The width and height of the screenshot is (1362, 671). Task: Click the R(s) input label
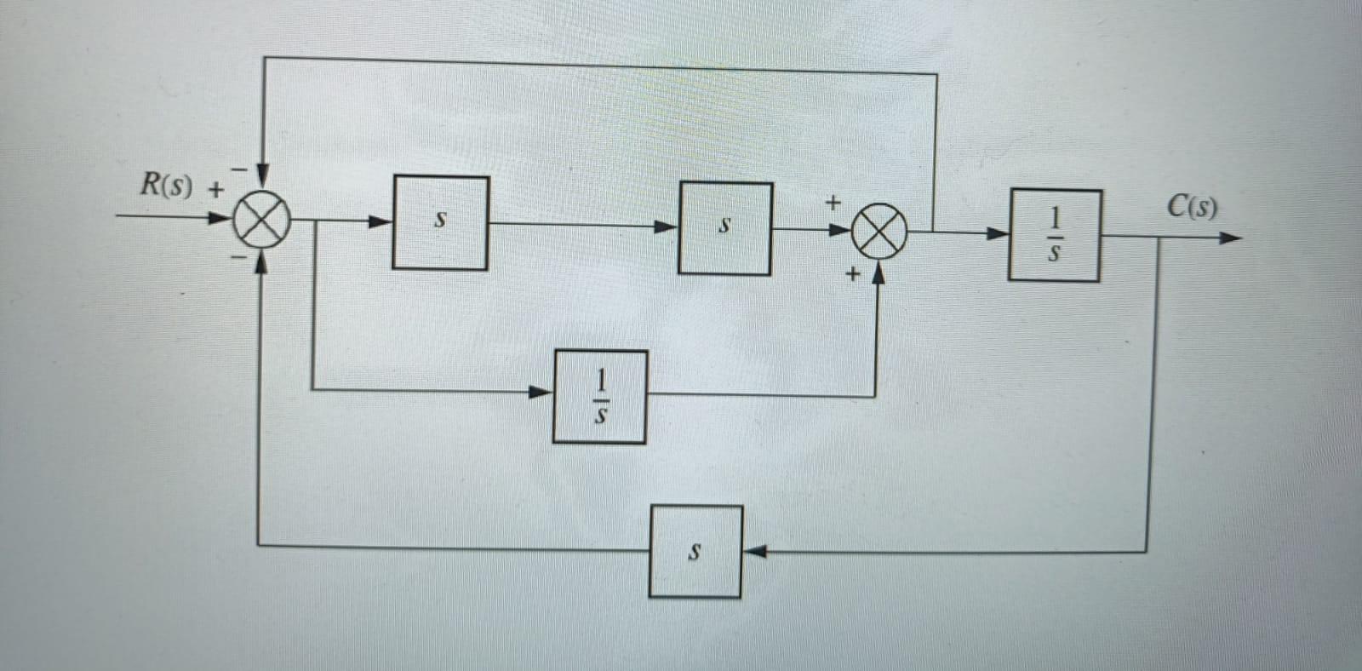coord(167,185)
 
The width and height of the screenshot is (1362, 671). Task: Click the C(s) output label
coord(1192,206)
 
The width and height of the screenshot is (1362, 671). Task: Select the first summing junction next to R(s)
coord(261,219)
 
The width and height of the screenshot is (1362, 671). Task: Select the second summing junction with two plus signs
coord(879,231)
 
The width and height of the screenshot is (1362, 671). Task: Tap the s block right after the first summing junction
coord(440,222)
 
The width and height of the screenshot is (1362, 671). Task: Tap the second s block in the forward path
coord(724,228)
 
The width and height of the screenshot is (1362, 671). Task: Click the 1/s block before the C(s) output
coord(1054,236)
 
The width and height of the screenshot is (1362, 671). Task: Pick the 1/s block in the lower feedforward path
coord(599,397)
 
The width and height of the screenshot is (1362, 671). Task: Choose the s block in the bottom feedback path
coord(695,552)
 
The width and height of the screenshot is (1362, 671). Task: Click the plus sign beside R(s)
coord(216,190)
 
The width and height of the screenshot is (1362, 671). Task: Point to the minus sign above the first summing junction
coord(241,169)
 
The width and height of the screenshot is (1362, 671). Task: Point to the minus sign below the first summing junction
coord(240,255)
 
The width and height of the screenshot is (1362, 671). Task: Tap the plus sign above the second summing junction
coord(833,203)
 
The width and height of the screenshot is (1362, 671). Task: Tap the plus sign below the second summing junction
coord(853,274)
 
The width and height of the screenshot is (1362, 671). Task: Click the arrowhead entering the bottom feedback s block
coord(754,552)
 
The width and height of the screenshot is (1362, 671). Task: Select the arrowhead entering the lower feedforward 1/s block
coord(541,392)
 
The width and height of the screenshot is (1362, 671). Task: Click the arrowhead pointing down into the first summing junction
coord(263,177)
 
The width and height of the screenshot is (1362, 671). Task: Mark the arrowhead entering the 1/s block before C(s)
coord(997,232)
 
